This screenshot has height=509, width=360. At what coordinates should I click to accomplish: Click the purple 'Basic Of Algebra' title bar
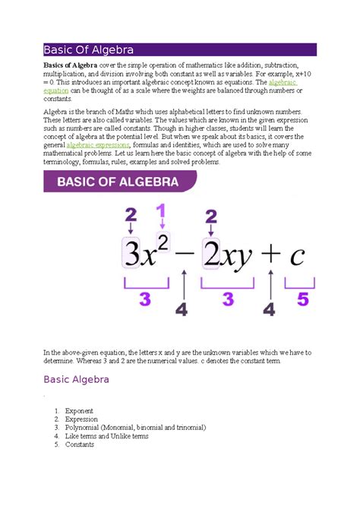pyautogui.click(x=179, y=51)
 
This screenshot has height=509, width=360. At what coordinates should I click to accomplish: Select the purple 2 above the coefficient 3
pyautogui.click(x=131, y=213)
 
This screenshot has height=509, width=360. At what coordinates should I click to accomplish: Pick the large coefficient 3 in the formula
pyautogui.click(x=132, y=253)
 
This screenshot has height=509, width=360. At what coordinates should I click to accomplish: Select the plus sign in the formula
pyautogui.click(x=267, y=254)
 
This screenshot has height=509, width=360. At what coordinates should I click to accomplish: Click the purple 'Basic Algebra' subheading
pyautogui.click(x=77, y=379)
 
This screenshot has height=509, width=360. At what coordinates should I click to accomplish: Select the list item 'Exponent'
pyautogui.click(x=79, y=411)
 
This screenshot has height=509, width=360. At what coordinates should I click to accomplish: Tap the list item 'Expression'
pyautogui.click(x=81, y=419)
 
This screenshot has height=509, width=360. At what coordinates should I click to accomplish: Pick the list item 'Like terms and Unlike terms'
pyautogui.click(x=107, y=437)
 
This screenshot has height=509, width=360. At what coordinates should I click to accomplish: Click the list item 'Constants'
pyautogui.click(x=80, y=445)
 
